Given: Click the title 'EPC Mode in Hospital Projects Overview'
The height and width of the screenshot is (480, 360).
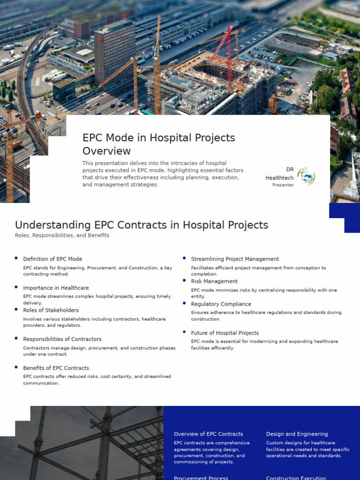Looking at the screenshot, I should [158, 144].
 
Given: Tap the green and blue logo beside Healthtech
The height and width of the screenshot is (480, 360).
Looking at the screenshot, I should [306, 177].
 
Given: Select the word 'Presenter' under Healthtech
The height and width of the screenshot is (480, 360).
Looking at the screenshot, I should [283, 185].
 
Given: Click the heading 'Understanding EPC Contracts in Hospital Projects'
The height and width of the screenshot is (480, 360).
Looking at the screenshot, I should [142, 225].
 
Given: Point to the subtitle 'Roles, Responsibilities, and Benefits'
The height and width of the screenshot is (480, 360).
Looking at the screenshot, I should [62, 235].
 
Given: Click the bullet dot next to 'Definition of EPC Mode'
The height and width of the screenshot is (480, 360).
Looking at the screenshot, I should [16, 258].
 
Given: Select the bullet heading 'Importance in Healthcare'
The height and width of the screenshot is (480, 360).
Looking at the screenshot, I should [56, 288].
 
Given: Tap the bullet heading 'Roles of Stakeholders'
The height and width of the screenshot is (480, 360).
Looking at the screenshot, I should [51, 310].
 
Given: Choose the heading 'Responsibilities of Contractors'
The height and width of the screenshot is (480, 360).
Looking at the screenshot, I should [62, 339].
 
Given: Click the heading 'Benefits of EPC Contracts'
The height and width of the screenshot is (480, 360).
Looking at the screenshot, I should [56, 368].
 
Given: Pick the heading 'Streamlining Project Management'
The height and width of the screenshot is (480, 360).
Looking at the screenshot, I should [234, 259].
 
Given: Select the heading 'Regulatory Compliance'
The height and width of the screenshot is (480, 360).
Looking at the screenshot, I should [221, 304].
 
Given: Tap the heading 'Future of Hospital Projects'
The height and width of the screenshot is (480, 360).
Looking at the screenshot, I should [225, 333].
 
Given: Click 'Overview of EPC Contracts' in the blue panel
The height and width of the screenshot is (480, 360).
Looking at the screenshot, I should [208, 434].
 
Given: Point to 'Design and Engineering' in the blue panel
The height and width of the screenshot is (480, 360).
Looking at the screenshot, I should [297, 434].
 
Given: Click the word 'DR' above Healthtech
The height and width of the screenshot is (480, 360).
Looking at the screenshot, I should [290, 170].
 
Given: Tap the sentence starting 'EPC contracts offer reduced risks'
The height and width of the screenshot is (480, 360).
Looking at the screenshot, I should [97, 380].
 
